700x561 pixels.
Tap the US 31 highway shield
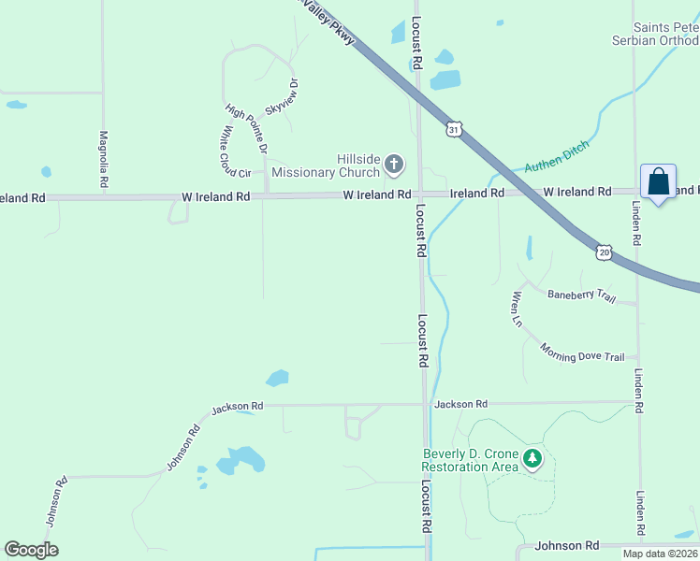[453, 130]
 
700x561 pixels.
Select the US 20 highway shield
[604, 252]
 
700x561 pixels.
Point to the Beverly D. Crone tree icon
[532, 458]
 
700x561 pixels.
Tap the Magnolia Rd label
[103, 159]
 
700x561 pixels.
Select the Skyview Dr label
[282, 97]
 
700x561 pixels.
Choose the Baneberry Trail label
[581, 296]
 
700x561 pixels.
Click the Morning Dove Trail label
[581, 351]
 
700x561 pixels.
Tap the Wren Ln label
[516, 309]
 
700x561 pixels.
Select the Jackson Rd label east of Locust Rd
[460, 404]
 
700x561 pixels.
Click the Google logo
[31, 550]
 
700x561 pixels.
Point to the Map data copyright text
[661, 554]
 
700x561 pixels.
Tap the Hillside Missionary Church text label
[325, 165]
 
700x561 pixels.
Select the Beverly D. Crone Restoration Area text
[469, 460]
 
